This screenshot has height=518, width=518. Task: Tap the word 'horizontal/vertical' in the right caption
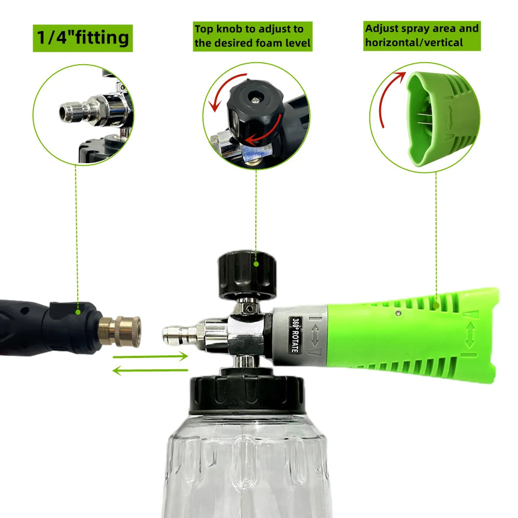click(x=413, y=42)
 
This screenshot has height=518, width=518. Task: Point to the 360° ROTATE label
click(x=293, y=334)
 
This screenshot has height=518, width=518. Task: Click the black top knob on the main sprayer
click(x=247, y=275)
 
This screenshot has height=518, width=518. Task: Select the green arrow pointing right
click(x=150, y=356)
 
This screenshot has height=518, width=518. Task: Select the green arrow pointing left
click(x=150, y=370)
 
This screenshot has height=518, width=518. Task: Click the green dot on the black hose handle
click(x=78, y=312)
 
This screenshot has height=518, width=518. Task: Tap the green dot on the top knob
click(x=256, y=264)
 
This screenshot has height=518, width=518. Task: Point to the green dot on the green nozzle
click(x=437, y=306)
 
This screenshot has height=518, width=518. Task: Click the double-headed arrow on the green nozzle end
click(x=470, y=335)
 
